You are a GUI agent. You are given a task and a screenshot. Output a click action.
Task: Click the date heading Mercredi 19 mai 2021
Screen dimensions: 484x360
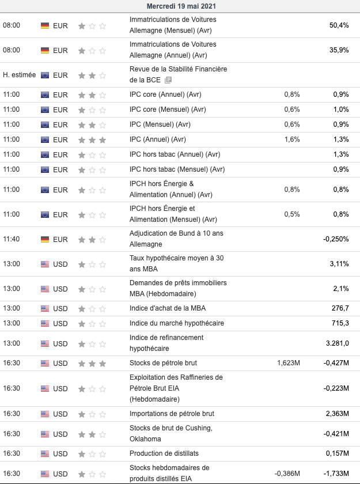click(180, 6)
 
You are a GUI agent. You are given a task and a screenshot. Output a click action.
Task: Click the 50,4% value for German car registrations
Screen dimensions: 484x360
click(339, 25)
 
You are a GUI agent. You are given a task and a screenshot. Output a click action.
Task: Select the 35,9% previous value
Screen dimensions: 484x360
click(339, 50)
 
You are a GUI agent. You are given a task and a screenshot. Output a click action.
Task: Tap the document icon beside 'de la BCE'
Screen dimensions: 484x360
click(168, 80)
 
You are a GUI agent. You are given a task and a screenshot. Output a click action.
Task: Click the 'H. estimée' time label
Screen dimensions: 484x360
click(19, 75)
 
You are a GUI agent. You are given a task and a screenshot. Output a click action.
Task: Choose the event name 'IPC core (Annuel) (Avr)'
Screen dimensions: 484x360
click(165, 94)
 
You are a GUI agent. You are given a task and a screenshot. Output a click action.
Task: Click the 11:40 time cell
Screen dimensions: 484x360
click(12, 239)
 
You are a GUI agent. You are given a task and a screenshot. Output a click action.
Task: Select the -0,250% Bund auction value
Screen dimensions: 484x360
click(335, 239)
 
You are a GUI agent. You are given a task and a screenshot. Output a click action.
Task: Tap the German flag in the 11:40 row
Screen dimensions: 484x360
click(45, 239)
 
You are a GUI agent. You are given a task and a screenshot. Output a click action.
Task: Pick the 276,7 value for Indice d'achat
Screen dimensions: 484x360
click(340, 308)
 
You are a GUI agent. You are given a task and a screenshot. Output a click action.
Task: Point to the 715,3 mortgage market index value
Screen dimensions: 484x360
click(340, 323)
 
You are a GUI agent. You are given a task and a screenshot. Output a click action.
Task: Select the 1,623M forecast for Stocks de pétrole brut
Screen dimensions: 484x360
click(288, 364)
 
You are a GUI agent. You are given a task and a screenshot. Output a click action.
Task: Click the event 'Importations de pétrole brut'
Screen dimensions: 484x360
click(172, 414)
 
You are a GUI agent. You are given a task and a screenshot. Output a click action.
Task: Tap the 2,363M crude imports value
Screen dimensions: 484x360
click(337, 414)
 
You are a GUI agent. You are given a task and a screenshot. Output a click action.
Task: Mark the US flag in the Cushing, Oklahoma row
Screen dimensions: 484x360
click(45, 434)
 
